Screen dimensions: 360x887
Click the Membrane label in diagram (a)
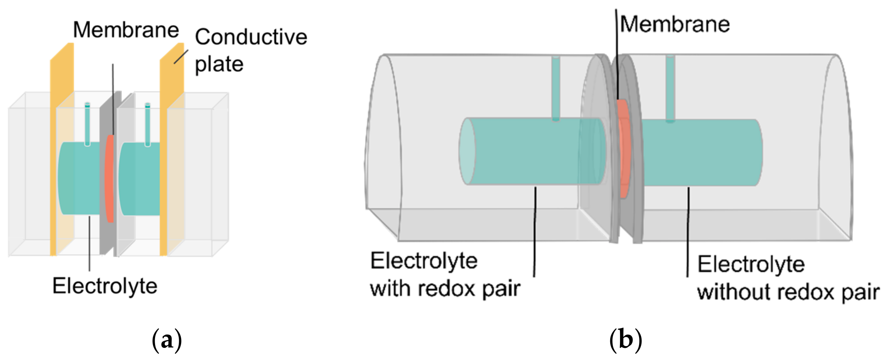[126, 30]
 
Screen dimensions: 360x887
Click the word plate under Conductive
[219, 64]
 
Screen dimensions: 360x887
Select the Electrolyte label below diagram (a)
[105, 287]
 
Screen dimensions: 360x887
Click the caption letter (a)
[167, 340]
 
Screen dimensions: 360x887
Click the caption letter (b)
[625, 340]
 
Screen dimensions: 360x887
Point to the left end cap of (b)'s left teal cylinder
[467, 151]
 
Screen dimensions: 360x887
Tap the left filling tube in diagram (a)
[87, 123]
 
